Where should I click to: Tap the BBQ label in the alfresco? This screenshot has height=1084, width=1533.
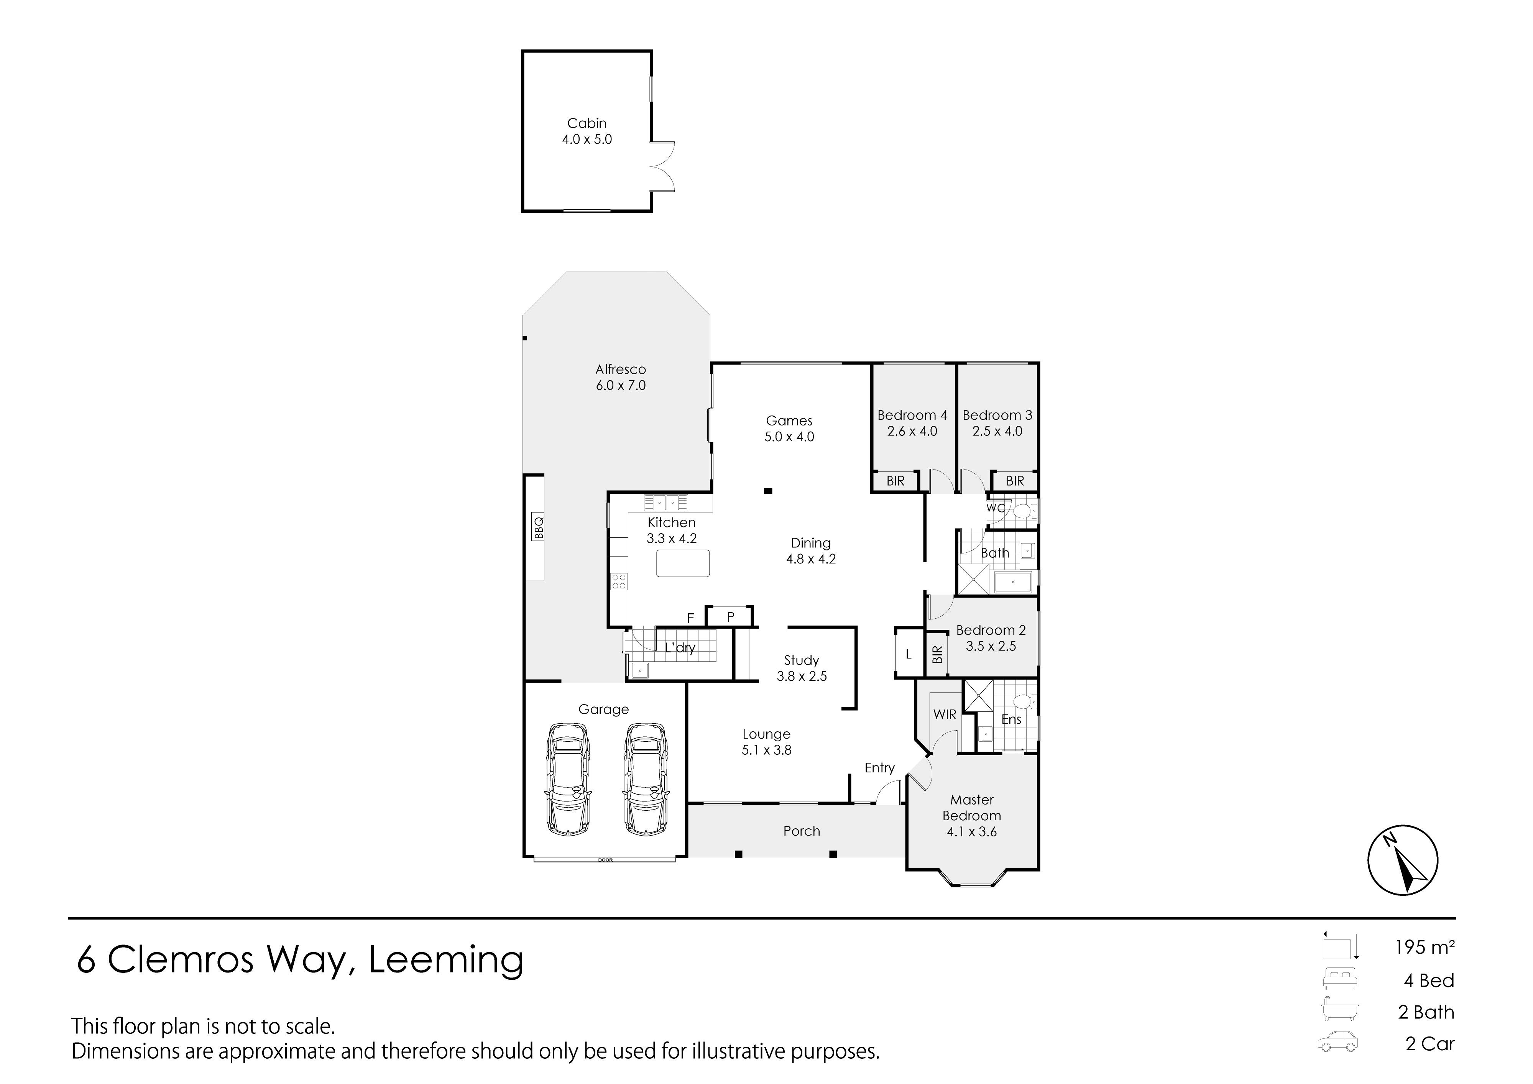(539, 528)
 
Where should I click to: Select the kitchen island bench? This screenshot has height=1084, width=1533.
(683, 563)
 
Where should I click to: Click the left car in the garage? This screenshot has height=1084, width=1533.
(568, 778)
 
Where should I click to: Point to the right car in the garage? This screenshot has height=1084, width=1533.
(646, 778)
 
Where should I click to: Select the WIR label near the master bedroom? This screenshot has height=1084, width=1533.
(945, 714)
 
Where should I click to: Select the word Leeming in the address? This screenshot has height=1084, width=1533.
(446, 961)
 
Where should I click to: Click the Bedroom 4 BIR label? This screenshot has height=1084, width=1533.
(895, 481)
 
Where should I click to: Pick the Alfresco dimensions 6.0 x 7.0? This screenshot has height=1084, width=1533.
(621, 385)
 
